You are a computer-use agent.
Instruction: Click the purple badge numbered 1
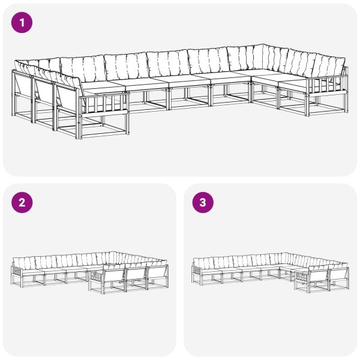22,23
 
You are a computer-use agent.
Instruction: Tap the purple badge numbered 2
22,202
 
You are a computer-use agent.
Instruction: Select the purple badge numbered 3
202,202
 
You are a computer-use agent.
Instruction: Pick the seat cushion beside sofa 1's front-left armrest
99,90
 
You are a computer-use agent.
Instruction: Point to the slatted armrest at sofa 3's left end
196,272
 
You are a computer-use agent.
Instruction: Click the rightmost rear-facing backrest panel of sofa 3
338,277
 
